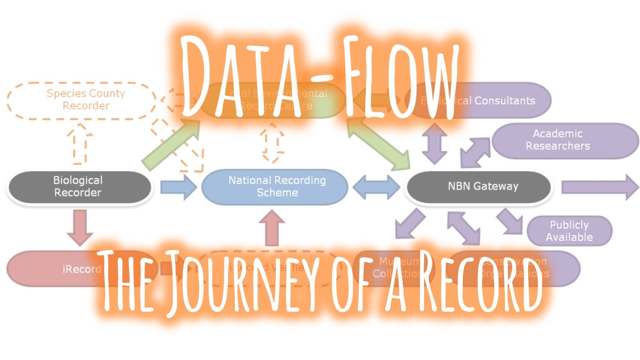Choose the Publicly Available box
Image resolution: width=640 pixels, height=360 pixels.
(x=569, y=231)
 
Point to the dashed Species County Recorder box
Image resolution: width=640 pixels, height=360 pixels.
(x=82, y=100)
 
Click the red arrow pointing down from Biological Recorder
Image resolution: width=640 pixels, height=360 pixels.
(x=80, y=227)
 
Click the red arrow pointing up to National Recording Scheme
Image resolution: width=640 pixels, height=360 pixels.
(x=272, y=227)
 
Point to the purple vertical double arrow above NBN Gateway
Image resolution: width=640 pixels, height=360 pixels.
(x=434, y=144)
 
